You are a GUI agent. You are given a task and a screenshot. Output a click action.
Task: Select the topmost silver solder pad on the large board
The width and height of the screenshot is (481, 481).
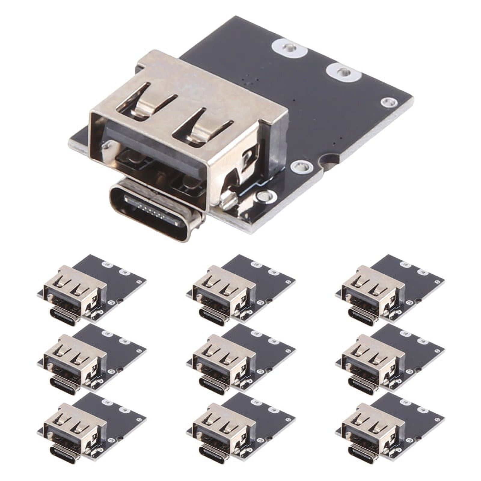[288, 47]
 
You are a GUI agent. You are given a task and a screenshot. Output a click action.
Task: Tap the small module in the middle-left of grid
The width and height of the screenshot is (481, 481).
[90, 358]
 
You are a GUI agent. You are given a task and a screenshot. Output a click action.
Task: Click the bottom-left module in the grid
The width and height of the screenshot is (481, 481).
[90, 427]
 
